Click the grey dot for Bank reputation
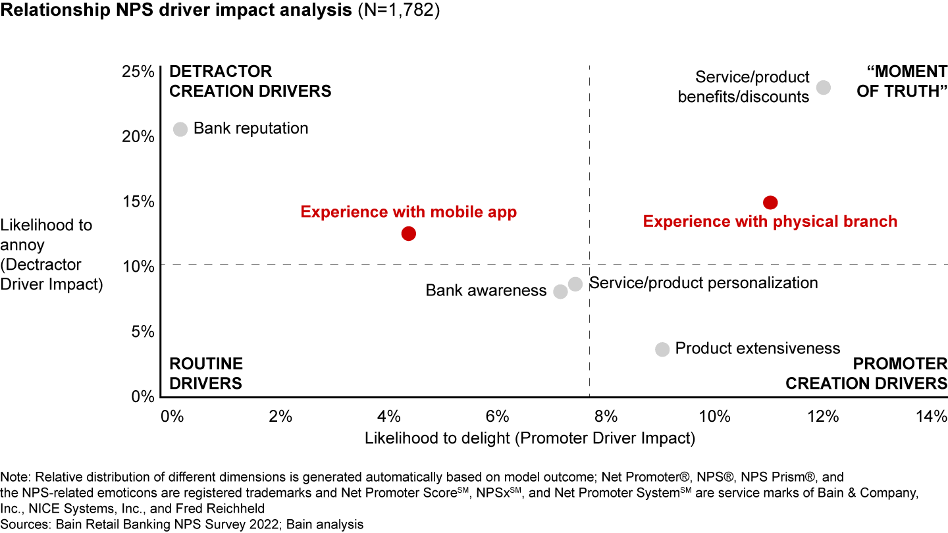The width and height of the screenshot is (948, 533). tap(180, 129)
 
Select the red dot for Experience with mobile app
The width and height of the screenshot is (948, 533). tap(408, 234)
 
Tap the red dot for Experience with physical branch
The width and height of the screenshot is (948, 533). tap(770, 203)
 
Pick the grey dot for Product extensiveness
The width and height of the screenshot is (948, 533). tap(662, 349)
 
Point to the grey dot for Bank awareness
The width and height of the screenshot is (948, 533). tap(560, 292)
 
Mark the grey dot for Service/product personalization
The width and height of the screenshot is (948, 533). tap(575, 284)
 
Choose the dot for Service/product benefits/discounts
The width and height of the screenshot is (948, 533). tap(823, 88)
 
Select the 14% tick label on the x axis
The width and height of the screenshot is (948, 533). tap(932, 417)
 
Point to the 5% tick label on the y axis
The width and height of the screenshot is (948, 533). tap(144, 332)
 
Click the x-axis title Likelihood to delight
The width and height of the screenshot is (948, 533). tap(529, 438)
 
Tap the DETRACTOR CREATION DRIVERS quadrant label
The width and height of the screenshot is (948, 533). tap(250, 81)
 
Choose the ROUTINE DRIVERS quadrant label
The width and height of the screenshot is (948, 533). tap(206, 373)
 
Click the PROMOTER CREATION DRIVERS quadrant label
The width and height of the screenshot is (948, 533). tap(866, 373)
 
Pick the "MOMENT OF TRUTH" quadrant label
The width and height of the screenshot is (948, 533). tap(901, 81)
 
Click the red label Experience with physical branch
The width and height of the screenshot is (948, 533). tap(770, 222)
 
